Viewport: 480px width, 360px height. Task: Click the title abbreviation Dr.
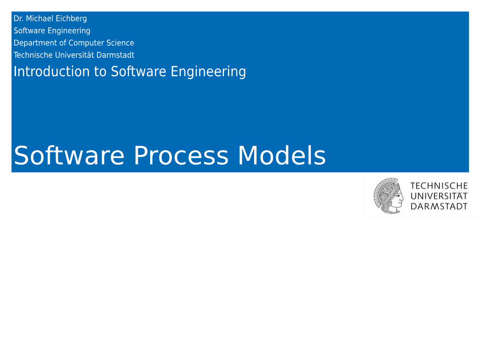(x=18, y=19)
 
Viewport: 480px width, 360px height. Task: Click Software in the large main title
(x=69, y=155)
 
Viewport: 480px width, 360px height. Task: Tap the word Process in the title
(x=181, y=155)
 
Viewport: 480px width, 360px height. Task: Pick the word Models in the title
(x=282, y=155)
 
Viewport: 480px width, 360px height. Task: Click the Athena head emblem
(x=388, y=196)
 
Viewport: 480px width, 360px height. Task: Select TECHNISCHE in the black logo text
(x=439, y=186)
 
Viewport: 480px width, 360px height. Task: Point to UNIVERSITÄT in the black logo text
(x=439, y=196)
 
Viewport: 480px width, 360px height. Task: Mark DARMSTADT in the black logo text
(x=439, y=206)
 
